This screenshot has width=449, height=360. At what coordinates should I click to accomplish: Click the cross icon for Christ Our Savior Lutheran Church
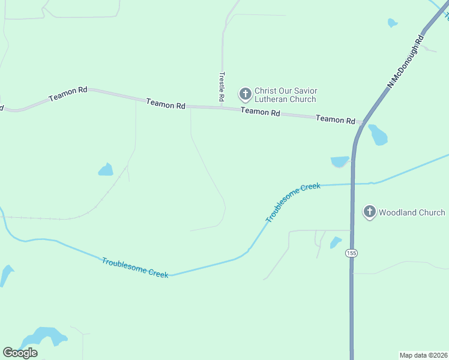click(245, 94)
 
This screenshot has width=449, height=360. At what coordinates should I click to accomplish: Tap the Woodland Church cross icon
click(369, 212)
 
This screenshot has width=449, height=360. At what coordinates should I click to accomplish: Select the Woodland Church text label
click(412, 212)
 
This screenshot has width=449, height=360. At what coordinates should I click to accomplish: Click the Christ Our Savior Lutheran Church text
click(285, 94)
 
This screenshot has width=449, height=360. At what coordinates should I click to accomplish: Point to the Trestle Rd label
click(221, 86)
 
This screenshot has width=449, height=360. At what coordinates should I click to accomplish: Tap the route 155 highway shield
click(351, 254)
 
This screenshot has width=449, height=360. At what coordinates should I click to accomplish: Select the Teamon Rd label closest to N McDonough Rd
click(336, 119)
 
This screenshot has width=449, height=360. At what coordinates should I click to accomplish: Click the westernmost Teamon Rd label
click(68, 94)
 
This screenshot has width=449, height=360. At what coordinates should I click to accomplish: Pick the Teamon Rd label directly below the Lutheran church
click(260, 112)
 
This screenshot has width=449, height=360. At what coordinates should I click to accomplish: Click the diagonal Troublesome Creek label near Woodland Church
click(293, 203)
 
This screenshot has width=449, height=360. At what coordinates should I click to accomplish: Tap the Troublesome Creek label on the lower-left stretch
click(135, 266)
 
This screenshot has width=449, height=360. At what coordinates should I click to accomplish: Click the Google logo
click(20, 352)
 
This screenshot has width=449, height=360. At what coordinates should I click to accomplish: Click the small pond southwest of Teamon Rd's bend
click(106, 170)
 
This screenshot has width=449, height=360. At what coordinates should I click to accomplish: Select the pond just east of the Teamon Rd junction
click(378, 135)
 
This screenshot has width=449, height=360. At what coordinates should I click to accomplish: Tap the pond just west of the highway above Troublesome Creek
click(339, 161)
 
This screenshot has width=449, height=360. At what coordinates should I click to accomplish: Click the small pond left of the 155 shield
click(335, 243)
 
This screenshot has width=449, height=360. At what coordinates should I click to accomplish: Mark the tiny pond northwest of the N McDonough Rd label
click(392, 23)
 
